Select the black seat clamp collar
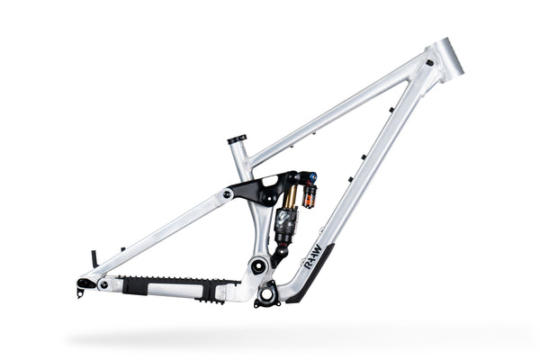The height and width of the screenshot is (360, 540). coord(237,139)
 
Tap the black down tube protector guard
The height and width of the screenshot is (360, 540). coord(312,269)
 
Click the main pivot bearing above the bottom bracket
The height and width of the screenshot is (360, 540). coord(258,265)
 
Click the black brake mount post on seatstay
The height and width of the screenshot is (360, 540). coord(94,259)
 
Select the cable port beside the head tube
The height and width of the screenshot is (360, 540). coord(429,63)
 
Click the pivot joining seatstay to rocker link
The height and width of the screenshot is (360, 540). coord(228,194)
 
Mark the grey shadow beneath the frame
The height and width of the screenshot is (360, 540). coord(270,337)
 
